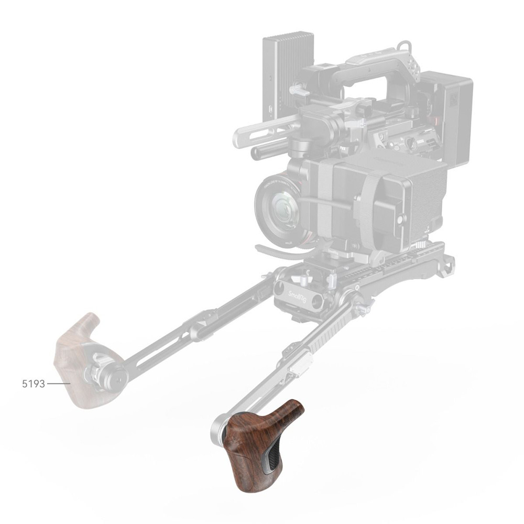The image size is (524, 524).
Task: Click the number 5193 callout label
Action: tap(34, 383)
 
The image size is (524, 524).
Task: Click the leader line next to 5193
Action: tap(59, 384)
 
